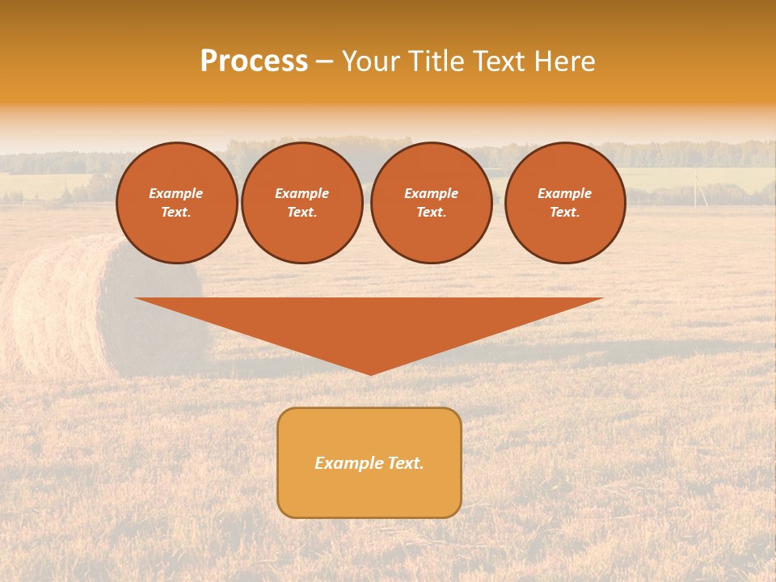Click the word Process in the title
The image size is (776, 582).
pos(254,61)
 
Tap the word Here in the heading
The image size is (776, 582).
pos(563,61)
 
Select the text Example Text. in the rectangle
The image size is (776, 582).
pos(369,463)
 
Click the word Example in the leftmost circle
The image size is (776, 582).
pos(176,193)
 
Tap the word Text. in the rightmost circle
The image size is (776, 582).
pos(564,212)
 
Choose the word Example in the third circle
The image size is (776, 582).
pos(431,193)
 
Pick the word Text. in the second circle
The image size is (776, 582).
pos(302,212)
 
